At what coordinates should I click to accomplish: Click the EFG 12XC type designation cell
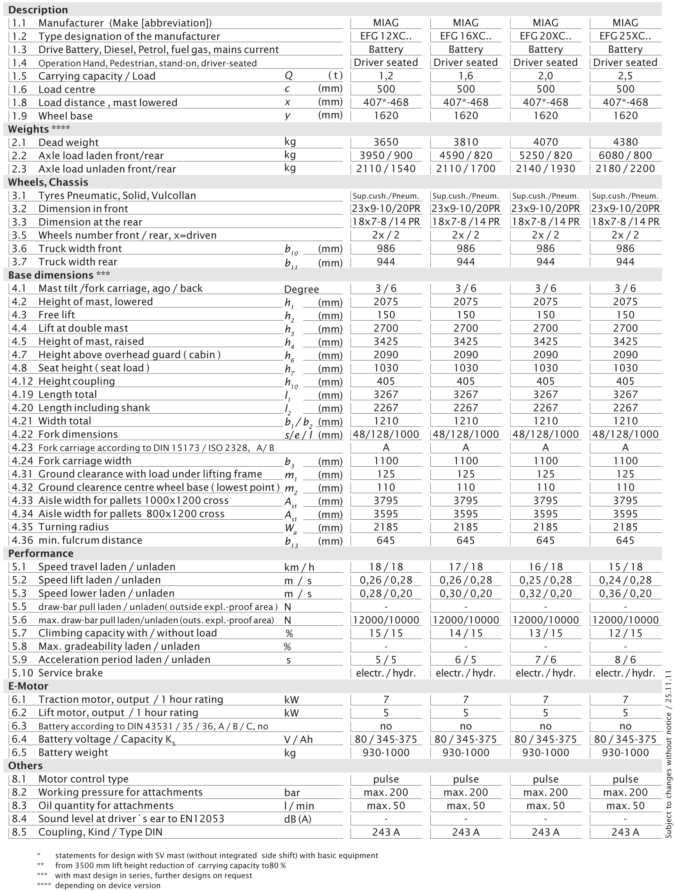(386, 36)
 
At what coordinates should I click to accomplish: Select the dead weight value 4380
(625, 142)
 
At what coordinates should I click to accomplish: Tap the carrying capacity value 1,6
(465, 76)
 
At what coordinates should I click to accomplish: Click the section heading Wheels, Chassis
(48, 182)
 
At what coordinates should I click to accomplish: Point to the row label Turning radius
(73, 527)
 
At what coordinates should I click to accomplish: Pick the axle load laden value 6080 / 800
(625, 156)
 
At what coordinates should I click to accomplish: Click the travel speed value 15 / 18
(625, 567)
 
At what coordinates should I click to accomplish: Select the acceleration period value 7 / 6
(545, 659)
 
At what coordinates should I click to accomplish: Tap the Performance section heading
(41, 554)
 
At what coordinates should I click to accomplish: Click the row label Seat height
(93, 368)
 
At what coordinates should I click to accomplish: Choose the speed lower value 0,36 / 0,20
(625, 593)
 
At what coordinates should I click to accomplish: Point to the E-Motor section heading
(28, 686)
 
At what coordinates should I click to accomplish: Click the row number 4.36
(22, 540)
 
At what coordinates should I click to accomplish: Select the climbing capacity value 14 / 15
(465, 633)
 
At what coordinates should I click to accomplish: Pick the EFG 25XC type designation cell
(625, 36)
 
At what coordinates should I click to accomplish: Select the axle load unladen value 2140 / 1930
(545, 169)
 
